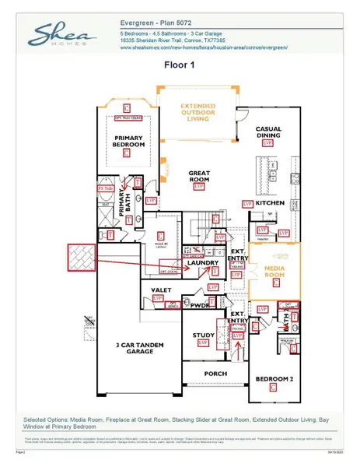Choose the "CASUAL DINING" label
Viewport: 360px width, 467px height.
[268, 132]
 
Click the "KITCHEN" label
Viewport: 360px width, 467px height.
[271, 202]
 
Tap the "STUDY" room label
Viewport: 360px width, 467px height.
[204, 335]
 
